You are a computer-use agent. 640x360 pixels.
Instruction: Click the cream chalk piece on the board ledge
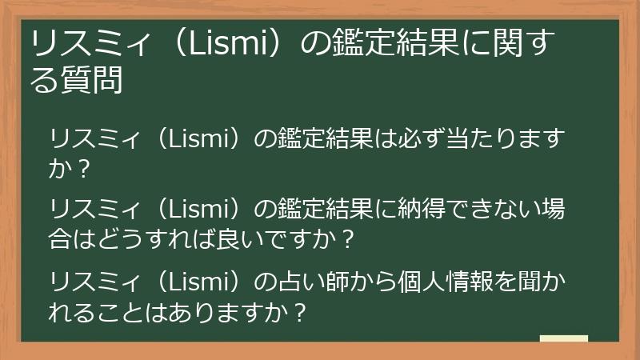tap(563, 338)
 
